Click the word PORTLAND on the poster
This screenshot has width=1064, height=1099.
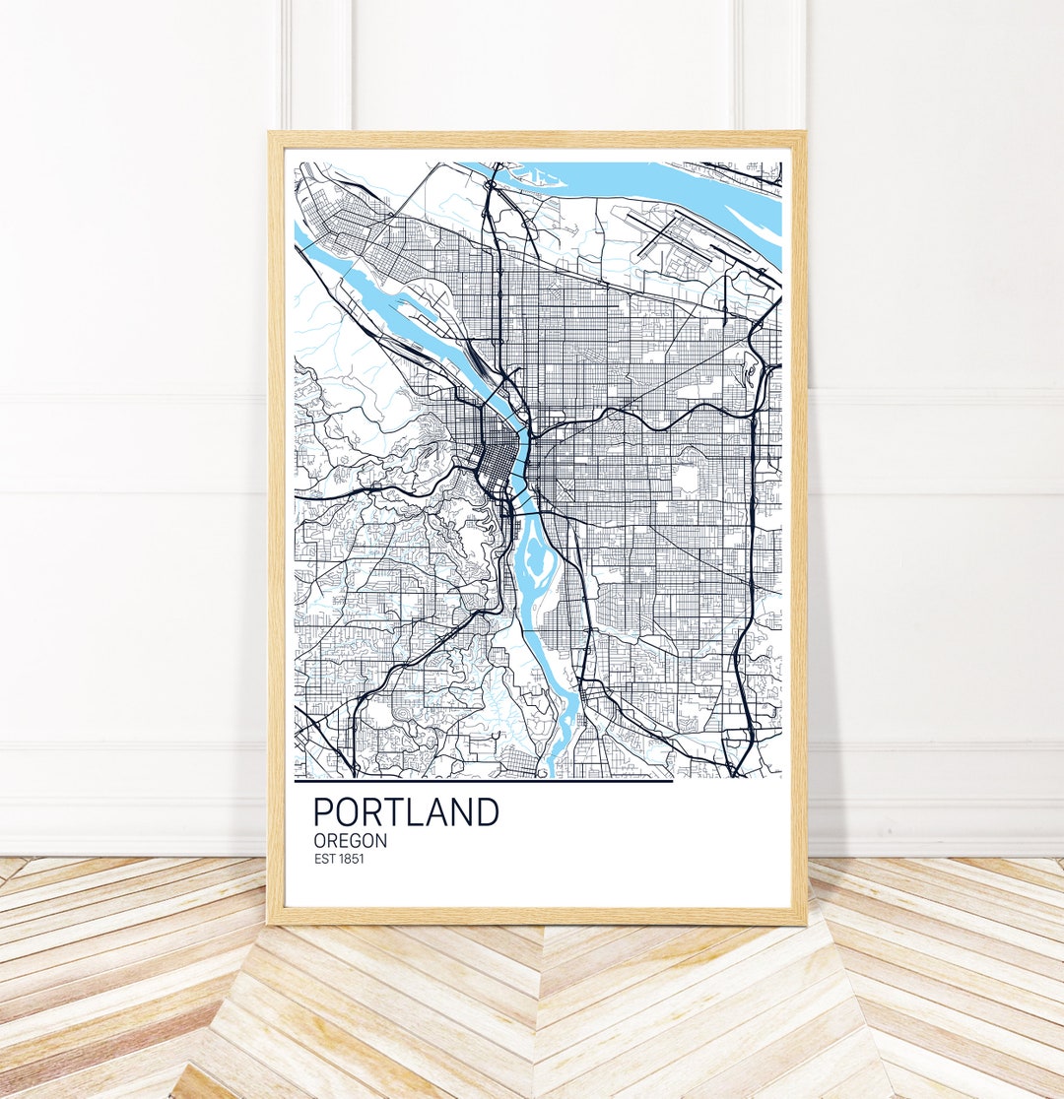pos(406,812)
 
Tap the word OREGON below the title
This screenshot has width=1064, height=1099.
pos(350,841)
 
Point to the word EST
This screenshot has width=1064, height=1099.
pos(326,860)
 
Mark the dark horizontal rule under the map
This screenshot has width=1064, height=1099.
pos(483,781)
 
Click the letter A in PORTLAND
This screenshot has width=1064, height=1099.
pos(439,812)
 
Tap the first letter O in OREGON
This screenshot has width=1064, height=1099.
pos(320,841)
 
